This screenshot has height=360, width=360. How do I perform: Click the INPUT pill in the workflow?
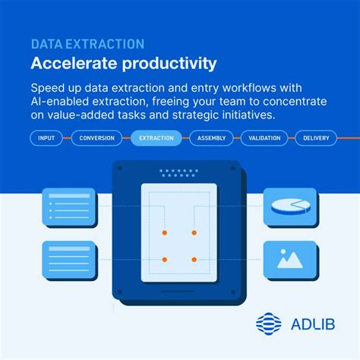[x=47, y=138]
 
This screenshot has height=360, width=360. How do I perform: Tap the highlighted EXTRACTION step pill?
[x=156, y=138]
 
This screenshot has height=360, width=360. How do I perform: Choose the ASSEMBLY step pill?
[x=210, y=138]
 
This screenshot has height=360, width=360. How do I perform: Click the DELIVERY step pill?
[x=315, y=138]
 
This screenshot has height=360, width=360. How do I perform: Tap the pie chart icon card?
[x=289, y=206]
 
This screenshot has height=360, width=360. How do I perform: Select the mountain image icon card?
[x=289, y=259]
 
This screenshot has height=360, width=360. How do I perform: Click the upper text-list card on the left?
[x=68, y=206]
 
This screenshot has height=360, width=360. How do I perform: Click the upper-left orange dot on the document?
[x=163, y=232]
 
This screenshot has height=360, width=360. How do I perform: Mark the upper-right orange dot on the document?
[x=194, y=232]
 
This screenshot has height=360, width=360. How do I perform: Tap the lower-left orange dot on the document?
[x=163, y=262]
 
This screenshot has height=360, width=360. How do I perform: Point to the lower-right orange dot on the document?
[x=194, y=262]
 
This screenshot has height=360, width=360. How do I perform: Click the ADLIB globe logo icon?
[x=269, y=324]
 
